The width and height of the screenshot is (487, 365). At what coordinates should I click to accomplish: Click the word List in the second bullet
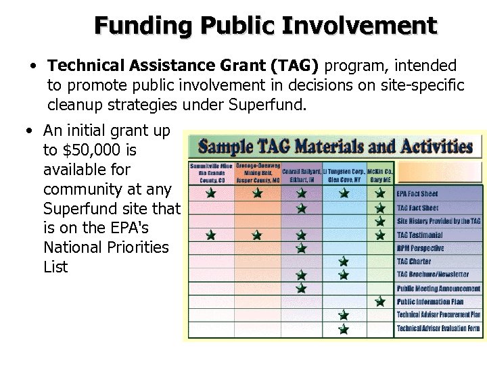(x=55, y=267)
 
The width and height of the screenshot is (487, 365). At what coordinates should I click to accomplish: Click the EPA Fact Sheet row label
(x=418, y=193)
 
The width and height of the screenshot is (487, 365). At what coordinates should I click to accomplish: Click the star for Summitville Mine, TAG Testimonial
(x=211, y=235)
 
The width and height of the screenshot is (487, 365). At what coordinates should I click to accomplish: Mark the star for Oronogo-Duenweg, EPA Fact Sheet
(x=256, y=193)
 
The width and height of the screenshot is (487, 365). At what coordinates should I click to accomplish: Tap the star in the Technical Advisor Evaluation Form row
(x=344, y=328)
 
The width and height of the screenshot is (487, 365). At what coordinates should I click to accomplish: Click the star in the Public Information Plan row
(x=380, y=301)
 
